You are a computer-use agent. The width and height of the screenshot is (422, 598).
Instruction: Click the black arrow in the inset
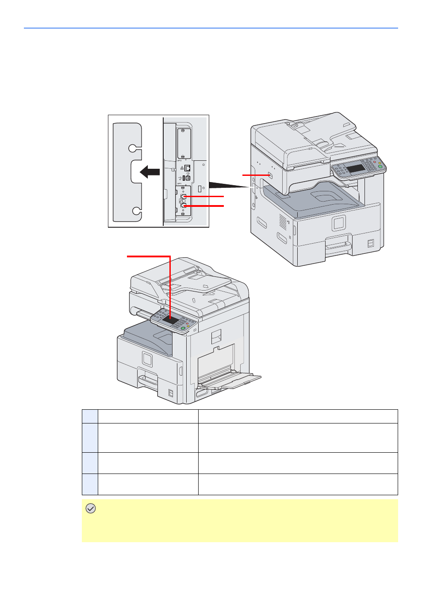click(x=150, y=172)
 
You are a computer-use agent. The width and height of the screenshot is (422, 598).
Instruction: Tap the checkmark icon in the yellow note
click(x=91, y=509)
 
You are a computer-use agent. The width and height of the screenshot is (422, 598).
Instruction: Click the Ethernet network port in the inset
click(x=188, y=168)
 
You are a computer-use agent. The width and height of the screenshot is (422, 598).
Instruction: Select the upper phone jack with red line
click(x=184, y=196)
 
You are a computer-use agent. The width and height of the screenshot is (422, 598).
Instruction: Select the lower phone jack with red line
click(x=184, y=206)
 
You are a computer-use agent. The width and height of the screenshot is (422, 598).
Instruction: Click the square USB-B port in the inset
click(x=188, y=177)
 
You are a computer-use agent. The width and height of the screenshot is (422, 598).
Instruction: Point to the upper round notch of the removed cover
click(x=133, y=148)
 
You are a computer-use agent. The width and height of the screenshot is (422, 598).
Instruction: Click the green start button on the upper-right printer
click(x=380, y=167)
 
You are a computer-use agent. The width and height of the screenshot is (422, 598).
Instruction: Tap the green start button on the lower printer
click(x=183, y=328)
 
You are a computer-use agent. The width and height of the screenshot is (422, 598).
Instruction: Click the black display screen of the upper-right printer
click(x=356, y=168)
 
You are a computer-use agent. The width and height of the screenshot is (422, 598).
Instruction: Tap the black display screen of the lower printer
click(x=170, y=320)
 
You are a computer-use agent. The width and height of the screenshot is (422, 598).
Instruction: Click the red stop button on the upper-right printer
click(x=375, y=162)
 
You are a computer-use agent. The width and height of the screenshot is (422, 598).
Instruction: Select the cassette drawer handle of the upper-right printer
click(x=338, y=245)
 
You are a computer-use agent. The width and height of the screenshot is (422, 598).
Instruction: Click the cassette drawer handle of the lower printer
click(x=148, y=380)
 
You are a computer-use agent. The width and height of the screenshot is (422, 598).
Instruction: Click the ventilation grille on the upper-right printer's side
click(x=283, y=221)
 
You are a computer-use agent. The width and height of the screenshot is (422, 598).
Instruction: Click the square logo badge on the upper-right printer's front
click(x=339, y=223)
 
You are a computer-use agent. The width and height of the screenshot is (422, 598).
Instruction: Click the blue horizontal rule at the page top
click(x=211, y=28)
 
